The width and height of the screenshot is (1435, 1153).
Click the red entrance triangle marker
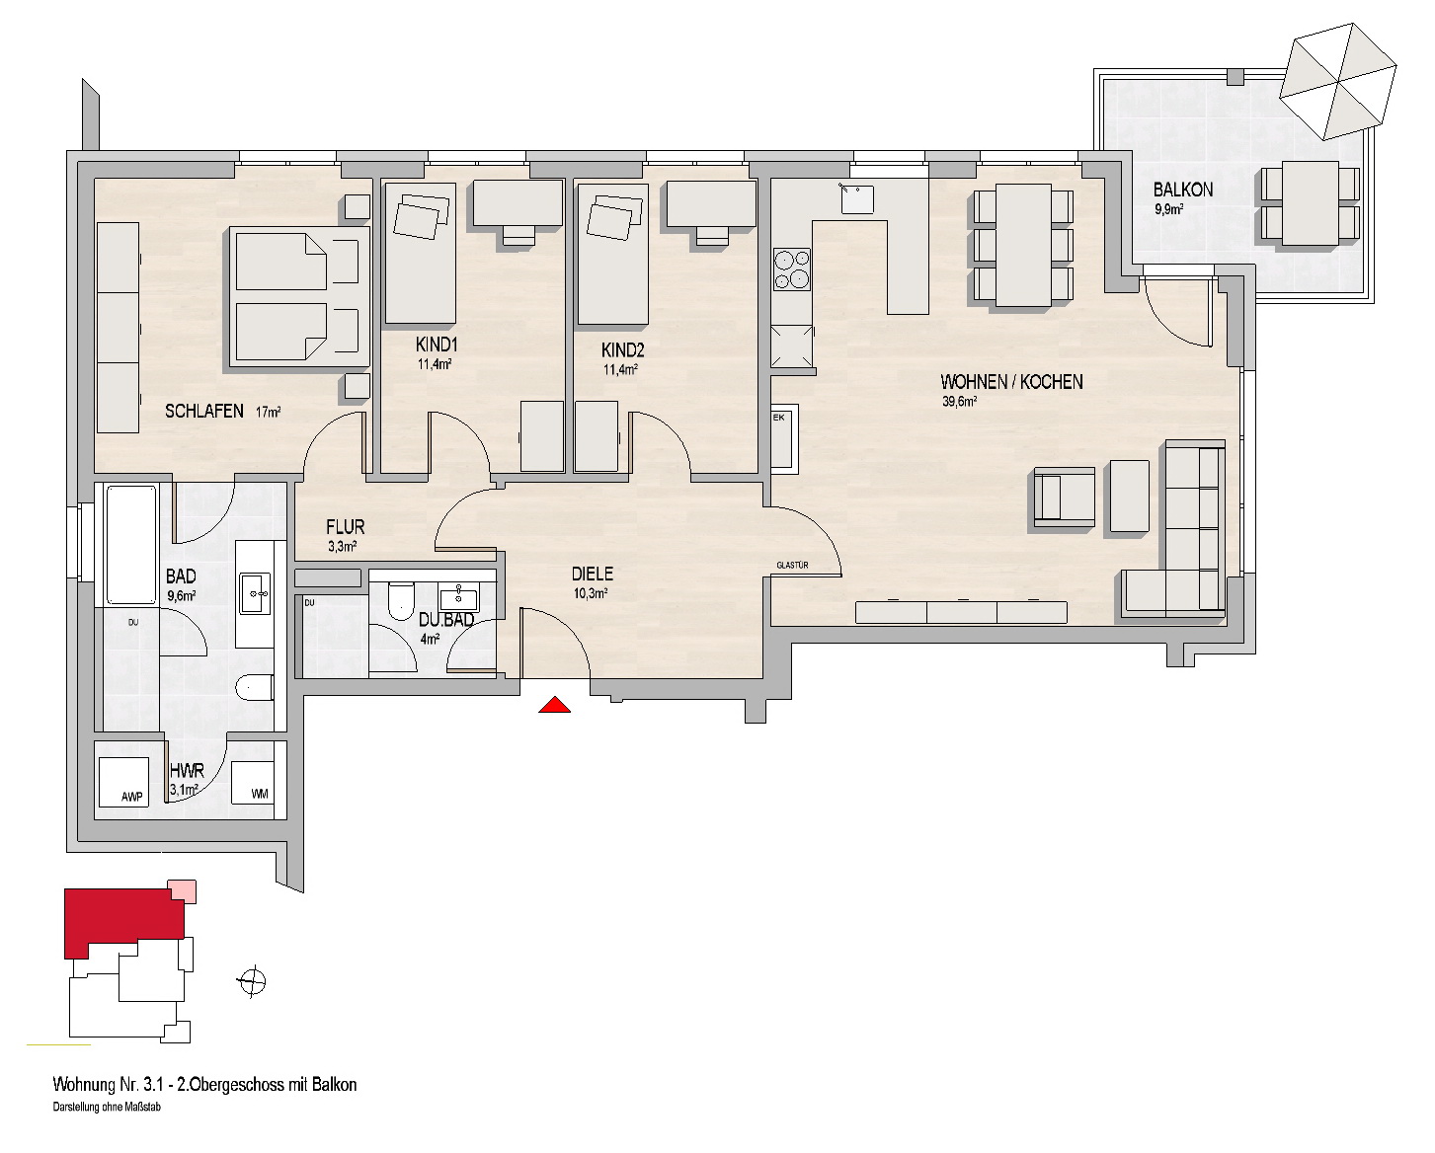(x=554, y=705)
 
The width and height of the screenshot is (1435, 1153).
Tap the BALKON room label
(x=1183, y=190)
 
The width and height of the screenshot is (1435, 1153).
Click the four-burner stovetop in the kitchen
(x=791, y=269)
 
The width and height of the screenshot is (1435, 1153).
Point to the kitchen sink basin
(x=857, y=198)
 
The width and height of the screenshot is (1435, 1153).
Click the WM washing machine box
(x=252, y=783)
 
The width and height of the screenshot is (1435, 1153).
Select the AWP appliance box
(x=123, y=782)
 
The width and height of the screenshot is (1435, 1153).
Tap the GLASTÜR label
(x=792, y=566)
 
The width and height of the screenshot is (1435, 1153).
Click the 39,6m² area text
(x=960, y=401)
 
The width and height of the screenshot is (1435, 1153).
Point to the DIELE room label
(x=593, y=574)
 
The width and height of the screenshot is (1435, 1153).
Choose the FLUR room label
(x=346, y=527)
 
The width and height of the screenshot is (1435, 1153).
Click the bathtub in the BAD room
(x=130, y=545)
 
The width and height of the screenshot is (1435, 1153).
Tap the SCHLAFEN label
(x=204, y=412)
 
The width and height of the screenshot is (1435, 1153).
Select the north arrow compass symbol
(x=252, y=981)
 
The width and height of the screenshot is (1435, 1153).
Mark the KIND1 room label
(x=437, y=345)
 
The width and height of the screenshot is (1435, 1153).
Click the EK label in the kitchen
(x=779, y=418)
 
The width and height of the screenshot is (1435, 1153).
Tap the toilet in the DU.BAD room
(x=401, y=601)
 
